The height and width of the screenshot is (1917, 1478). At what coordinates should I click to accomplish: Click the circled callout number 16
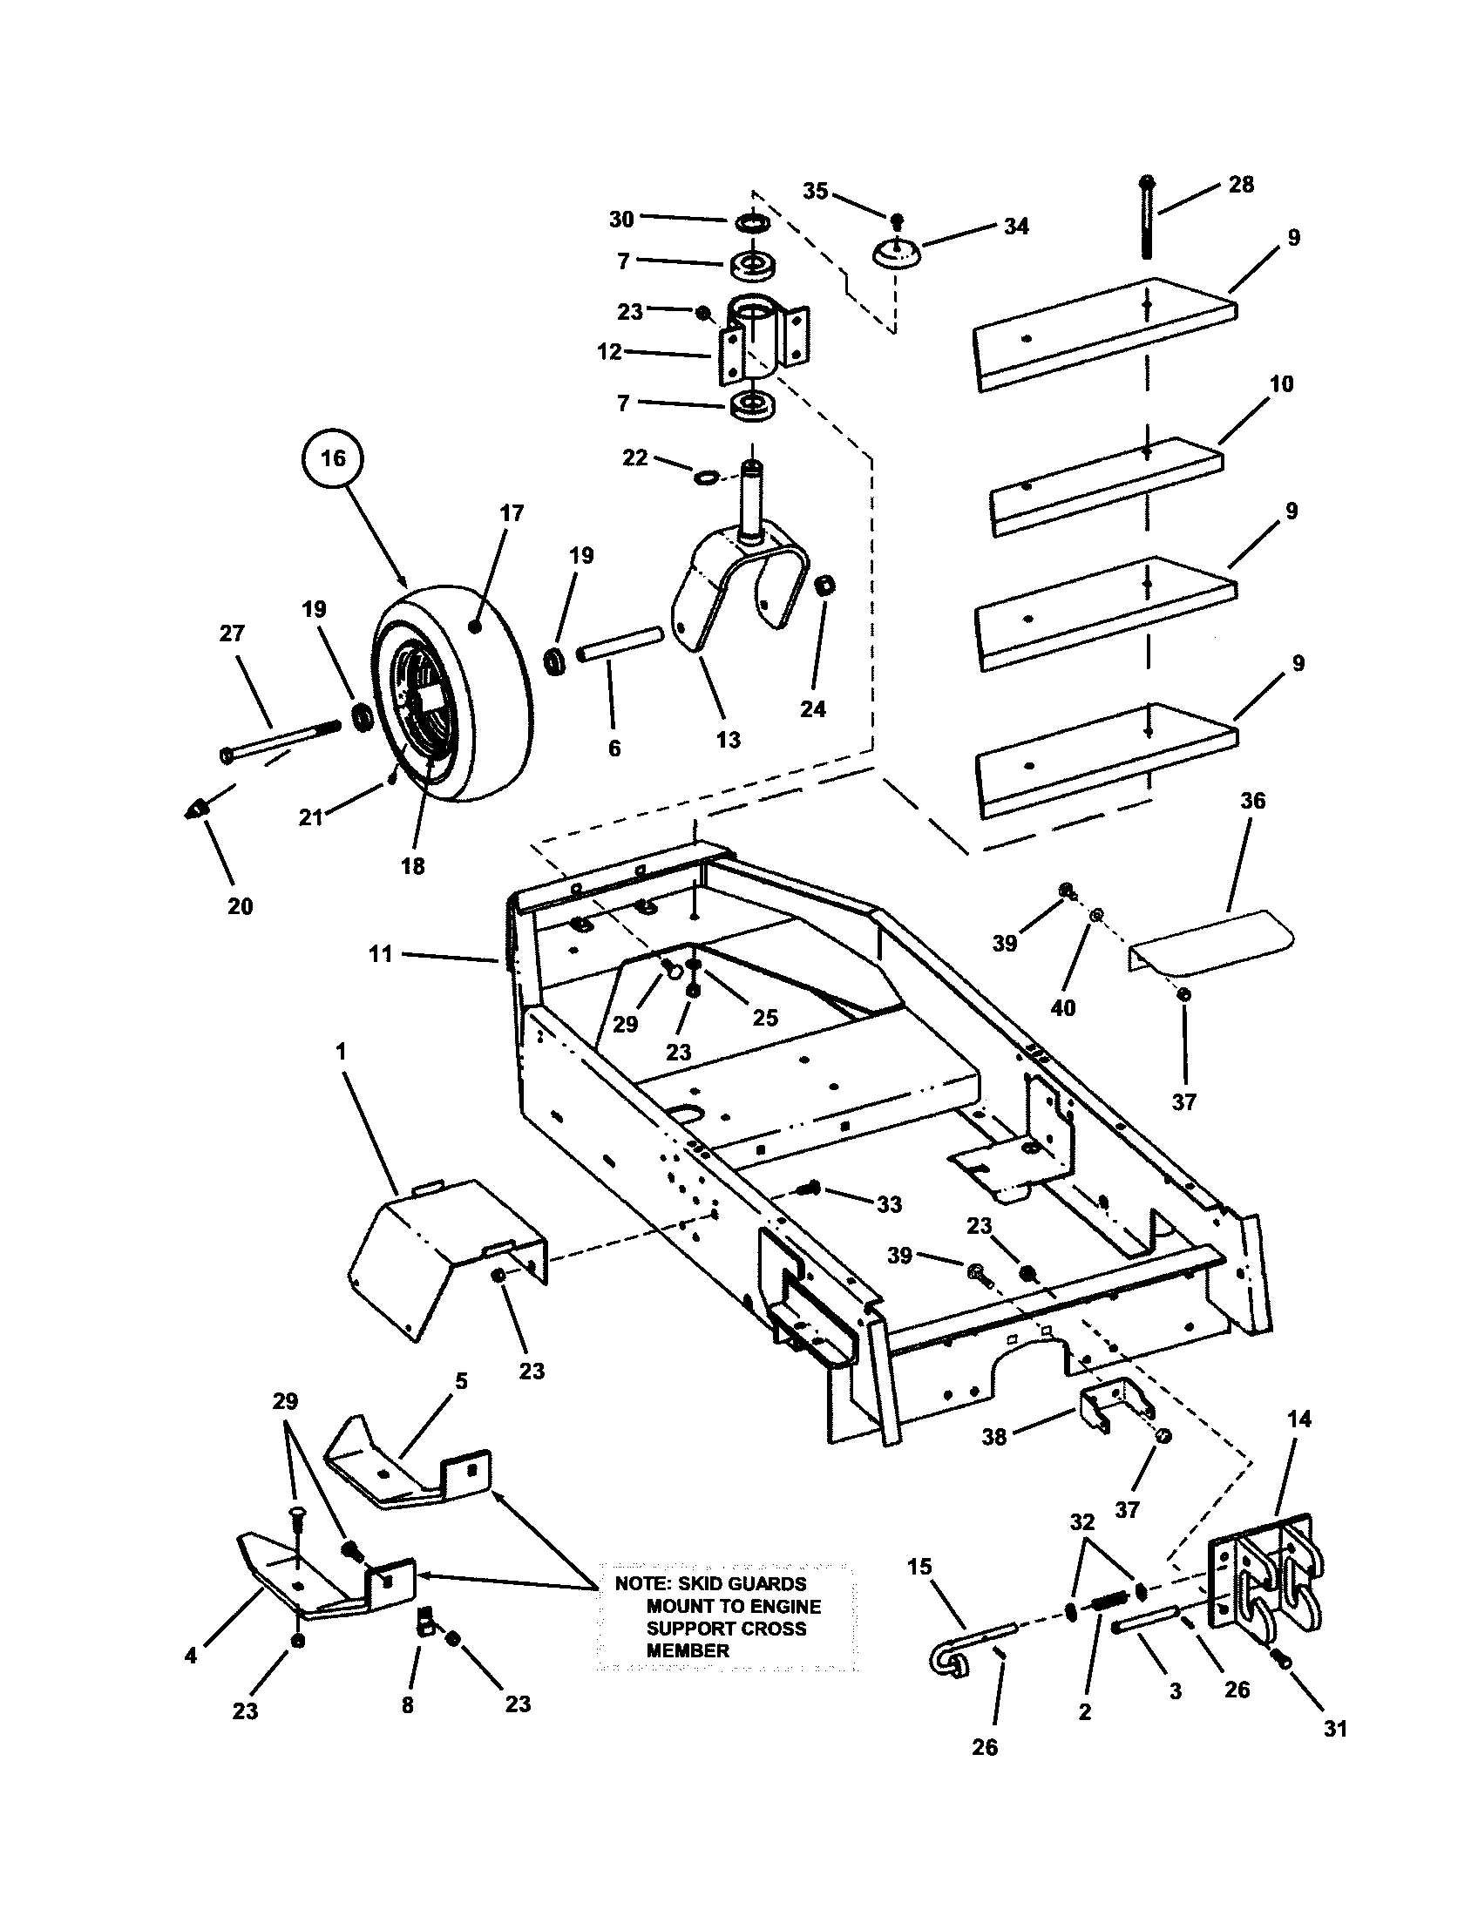click(x=334, y=458)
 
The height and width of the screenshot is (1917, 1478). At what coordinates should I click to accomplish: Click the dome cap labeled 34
click(x=895, y=254)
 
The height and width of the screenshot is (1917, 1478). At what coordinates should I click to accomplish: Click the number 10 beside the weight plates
click(x=1281, y=384)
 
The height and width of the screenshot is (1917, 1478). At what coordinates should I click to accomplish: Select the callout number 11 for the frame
click(x=380, y=954)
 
